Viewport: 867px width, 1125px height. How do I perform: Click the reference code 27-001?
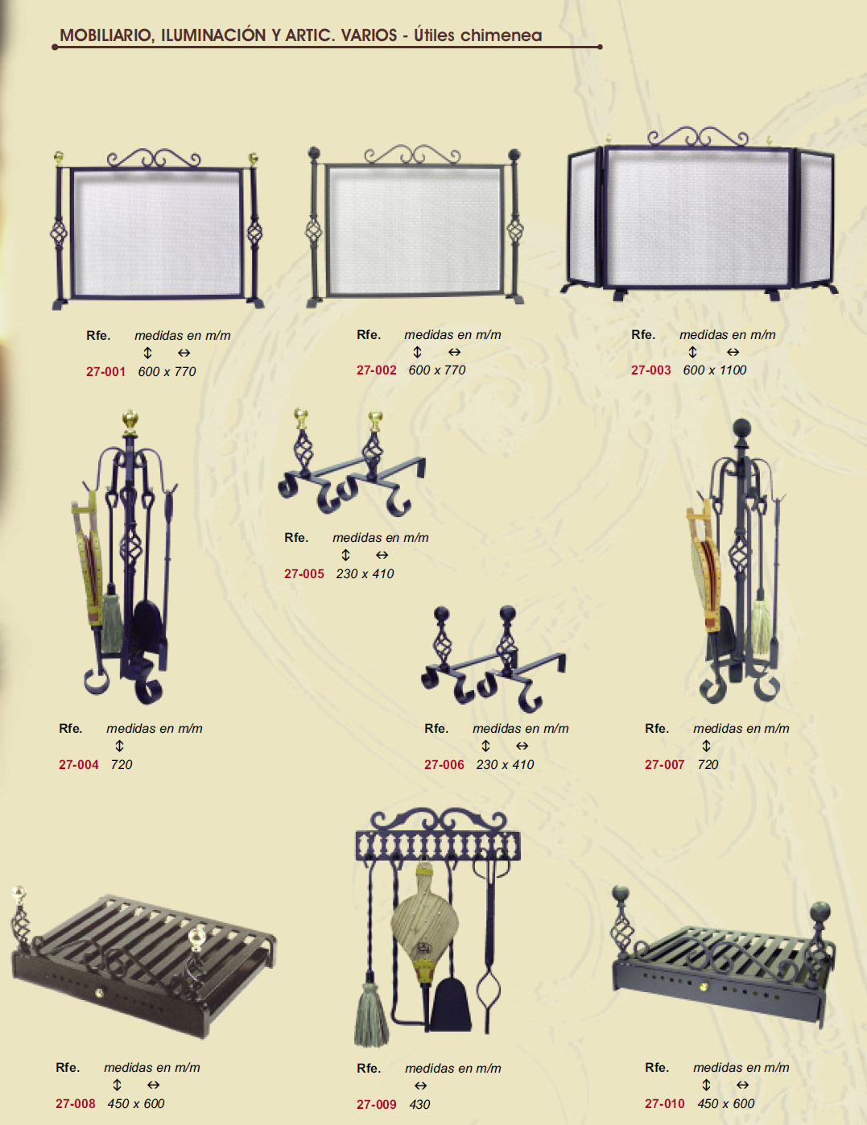click(105, 372)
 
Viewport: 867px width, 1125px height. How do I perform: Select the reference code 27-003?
click(650, 370)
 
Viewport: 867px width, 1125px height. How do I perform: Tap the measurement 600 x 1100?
click(715, 370)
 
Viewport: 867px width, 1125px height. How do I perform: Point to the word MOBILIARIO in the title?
click(105, 35)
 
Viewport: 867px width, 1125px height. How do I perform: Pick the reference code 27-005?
click(303, 574)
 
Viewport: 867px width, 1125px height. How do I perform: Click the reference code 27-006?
click(444, 765)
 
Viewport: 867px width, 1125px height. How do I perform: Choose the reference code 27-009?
click(376, 1105)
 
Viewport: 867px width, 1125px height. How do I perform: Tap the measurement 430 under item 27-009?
click(419, 1105)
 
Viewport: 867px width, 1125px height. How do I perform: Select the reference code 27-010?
click(664, 1104)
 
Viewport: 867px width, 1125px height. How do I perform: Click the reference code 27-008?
click(75, 1104)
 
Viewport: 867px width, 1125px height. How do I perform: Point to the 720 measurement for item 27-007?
click(708, 765)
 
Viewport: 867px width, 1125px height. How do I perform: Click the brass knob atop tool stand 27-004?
click(130, 420)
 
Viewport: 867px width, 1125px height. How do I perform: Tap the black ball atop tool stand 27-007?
click(741, 428)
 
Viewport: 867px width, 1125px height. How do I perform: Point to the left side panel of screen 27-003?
click(584, 218)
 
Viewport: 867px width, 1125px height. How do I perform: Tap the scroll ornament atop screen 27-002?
click(412, 155)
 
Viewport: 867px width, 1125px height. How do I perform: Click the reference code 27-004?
click(78, 765)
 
